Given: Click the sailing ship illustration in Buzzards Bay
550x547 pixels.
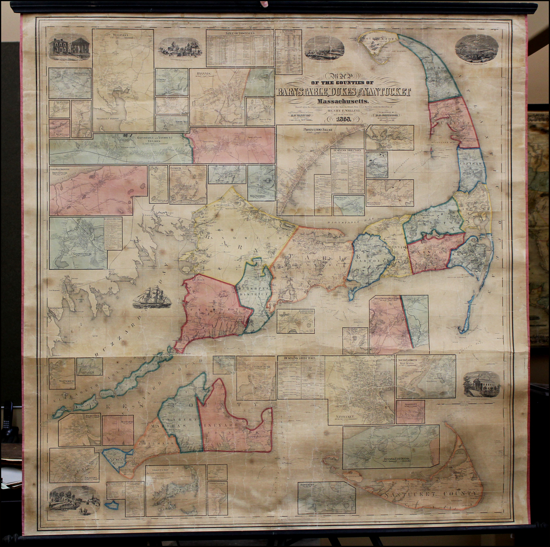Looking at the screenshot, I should tap(152, 297).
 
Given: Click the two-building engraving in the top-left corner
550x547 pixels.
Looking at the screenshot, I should tap(69, 47).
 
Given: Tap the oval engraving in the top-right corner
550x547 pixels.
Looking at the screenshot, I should tap(476, 49).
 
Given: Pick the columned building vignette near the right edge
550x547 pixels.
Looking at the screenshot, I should tap(481, 384).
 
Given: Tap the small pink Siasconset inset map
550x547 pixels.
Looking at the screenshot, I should tap(410, 411).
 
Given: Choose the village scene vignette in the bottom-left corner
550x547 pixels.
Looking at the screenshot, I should tap(74, 499).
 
